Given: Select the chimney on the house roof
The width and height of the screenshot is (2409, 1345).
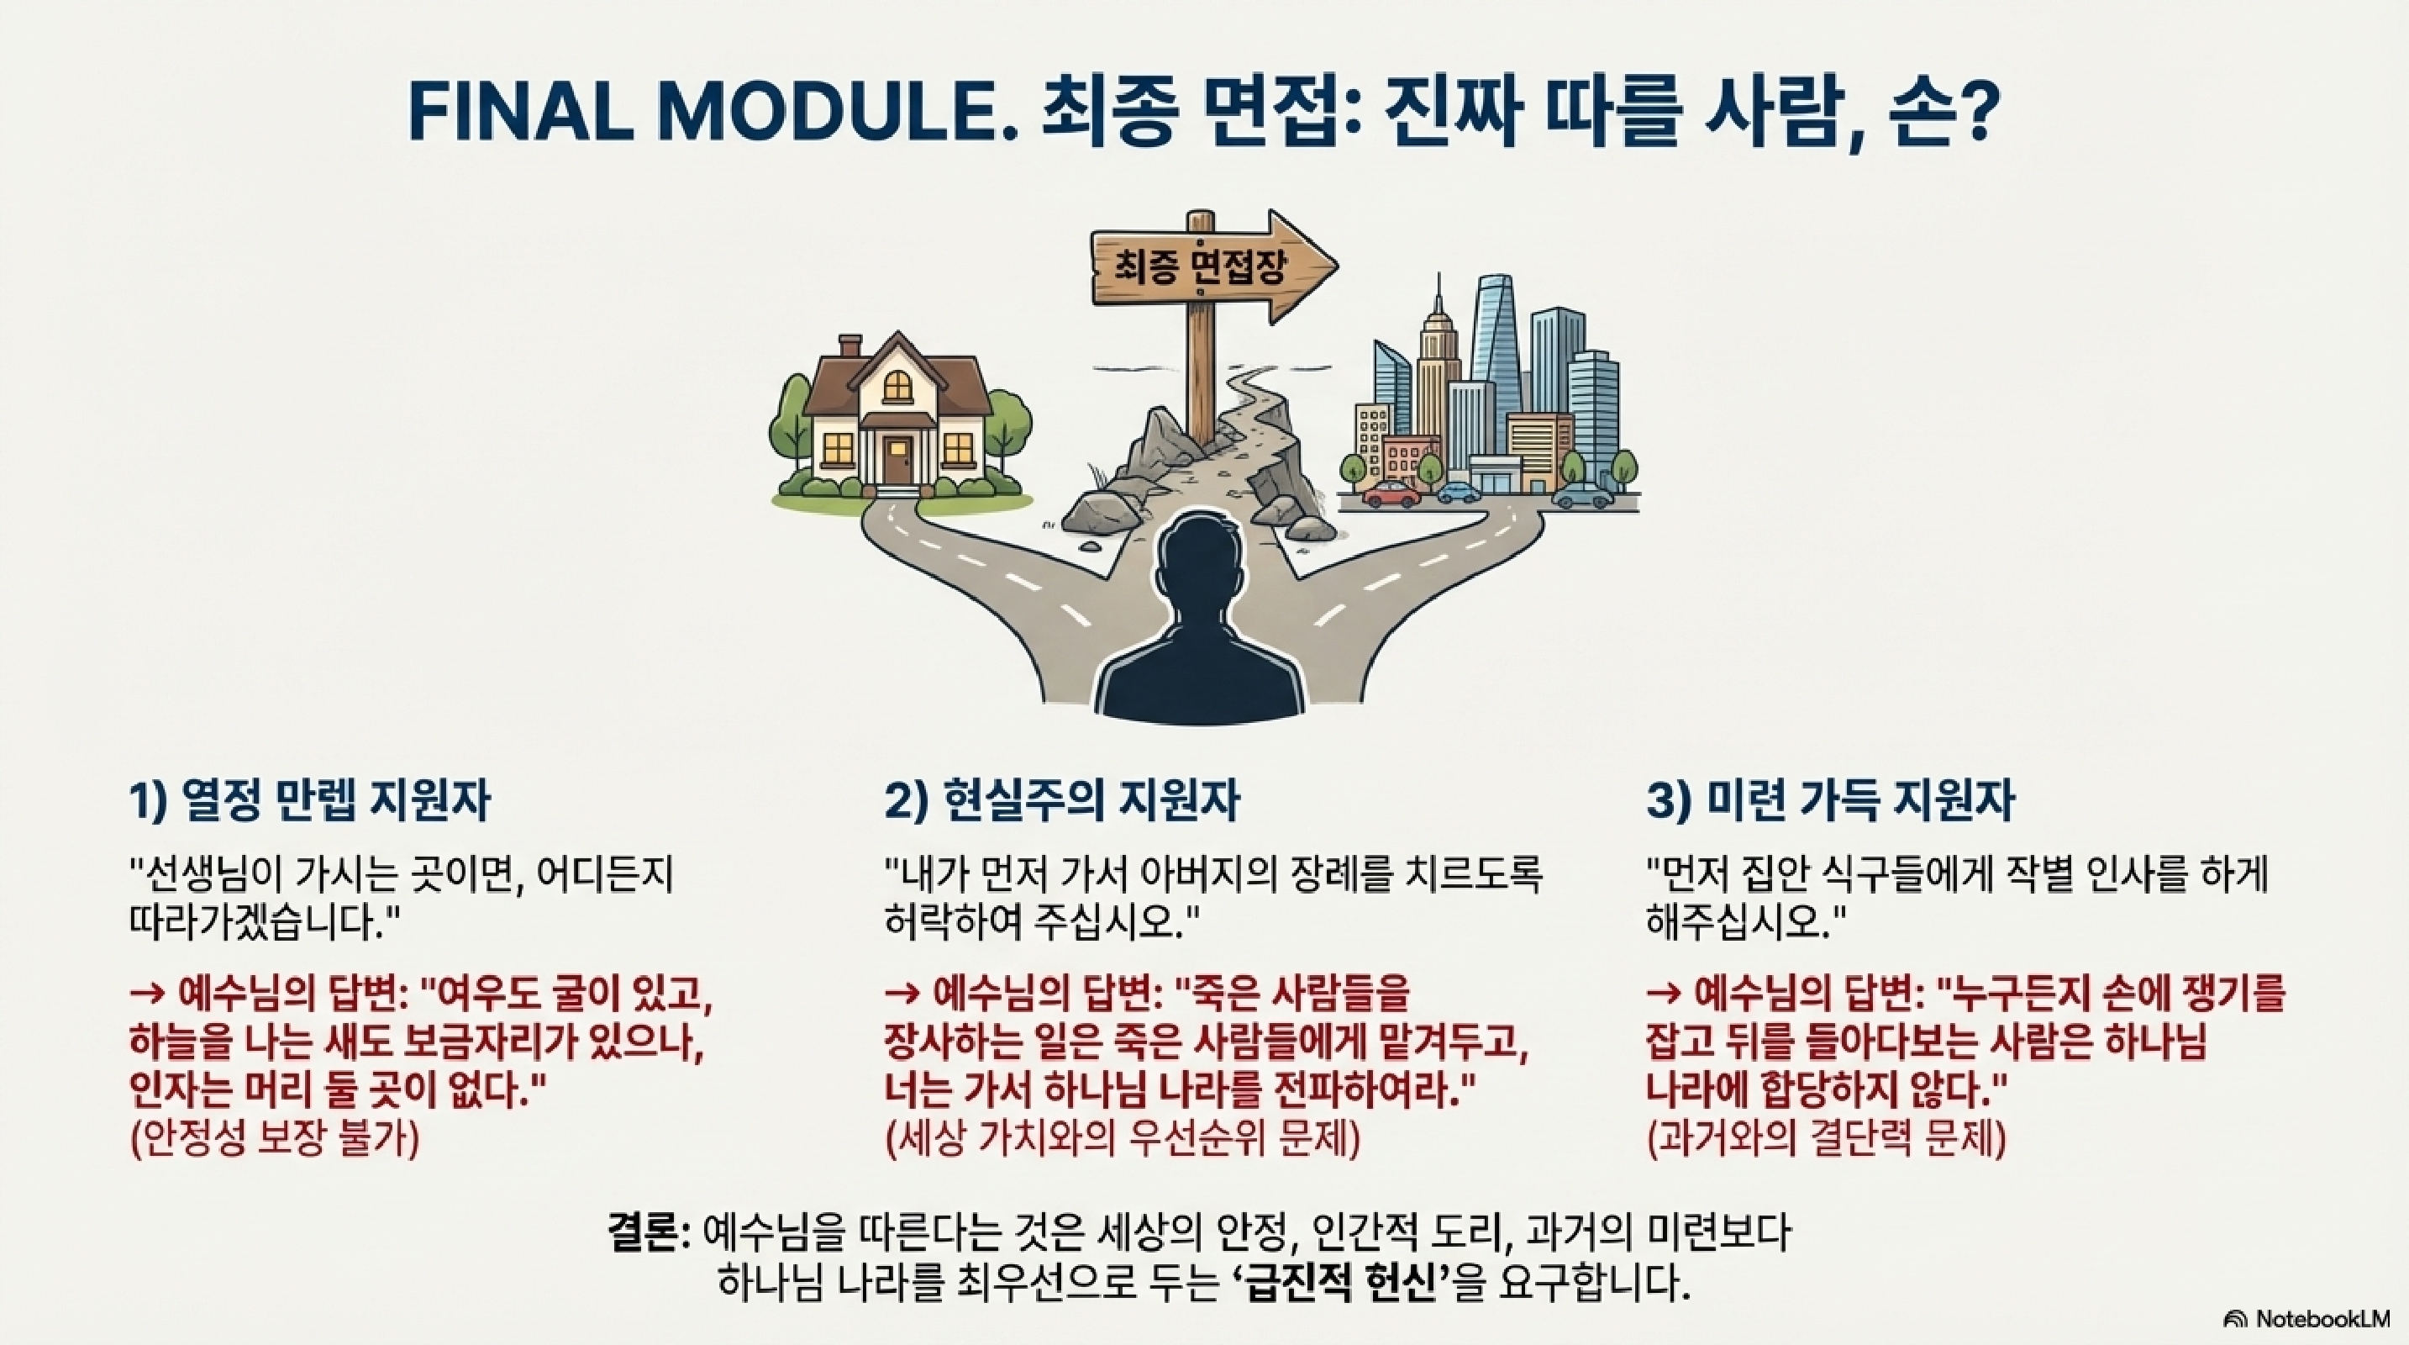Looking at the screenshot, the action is tap(850, 347).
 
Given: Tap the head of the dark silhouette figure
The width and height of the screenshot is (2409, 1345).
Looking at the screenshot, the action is tap(1198, 572).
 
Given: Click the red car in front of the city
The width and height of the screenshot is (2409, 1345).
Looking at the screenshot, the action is tap(1391, 493).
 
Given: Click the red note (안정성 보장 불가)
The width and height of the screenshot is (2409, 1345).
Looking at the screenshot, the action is tap(275, 1139).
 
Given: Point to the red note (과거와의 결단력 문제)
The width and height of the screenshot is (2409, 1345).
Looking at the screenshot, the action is tap(1826, 1139).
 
